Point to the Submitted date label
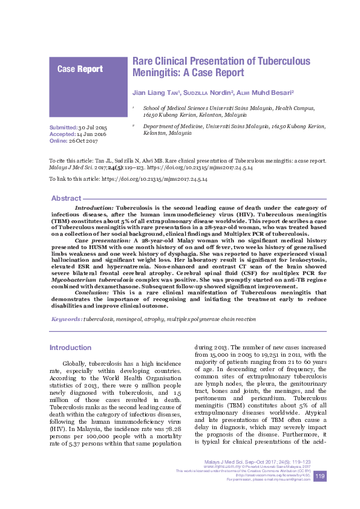[x=63, y=129]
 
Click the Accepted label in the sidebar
[x=62, y=135]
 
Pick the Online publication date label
[x=59, y=141]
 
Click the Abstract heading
[x=66, y=198]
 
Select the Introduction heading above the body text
[x=70, y=348]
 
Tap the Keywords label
[x=67, y=318]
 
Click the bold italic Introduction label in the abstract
[x=94, y=207]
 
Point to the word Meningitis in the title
[x=158, y=73]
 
